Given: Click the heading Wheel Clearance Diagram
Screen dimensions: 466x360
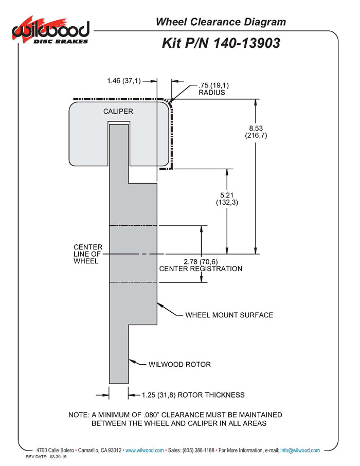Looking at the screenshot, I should pos(221,22).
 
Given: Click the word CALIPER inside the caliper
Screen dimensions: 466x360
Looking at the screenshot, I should pos(118,111).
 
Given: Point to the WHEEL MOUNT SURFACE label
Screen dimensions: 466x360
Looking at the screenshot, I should pos(229,315).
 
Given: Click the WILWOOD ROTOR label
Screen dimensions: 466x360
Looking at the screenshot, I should pos(179,365).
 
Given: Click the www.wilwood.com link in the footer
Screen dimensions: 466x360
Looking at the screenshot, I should pos(145,451).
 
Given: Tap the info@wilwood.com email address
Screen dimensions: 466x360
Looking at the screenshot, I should pos(300,451).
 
